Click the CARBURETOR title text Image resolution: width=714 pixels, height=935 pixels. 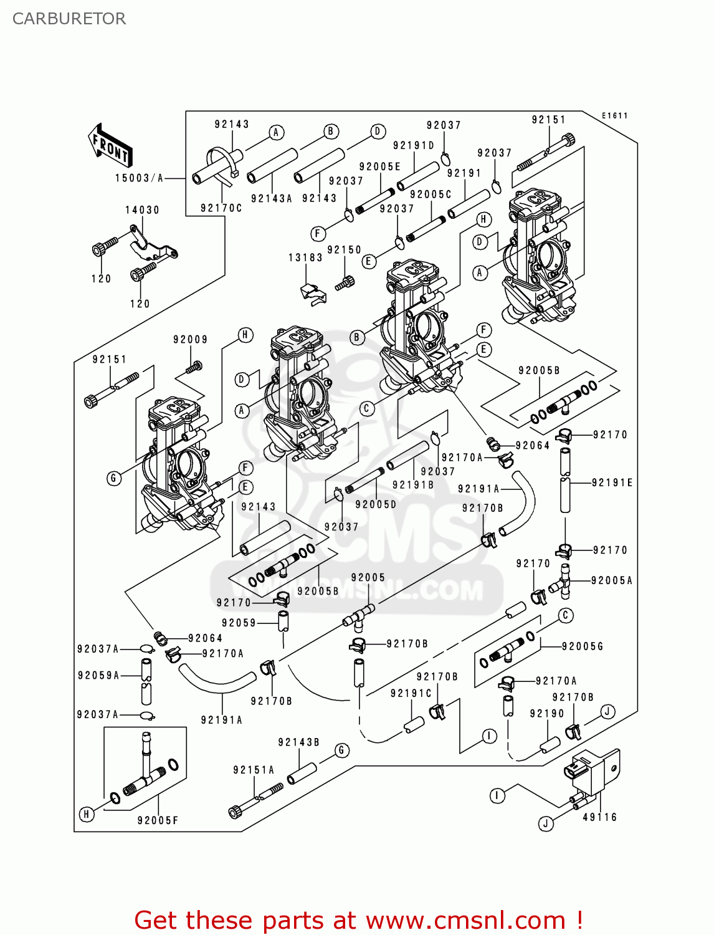tap(69, 19)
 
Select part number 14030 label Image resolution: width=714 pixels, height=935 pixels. tap(142, 210)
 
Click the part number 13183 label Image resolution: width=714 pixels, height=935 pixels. tap(305, 257)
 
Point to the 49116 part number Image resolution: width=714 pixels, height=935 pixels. tap(599, 817)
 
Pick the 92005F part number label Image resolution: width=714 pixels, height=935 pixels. tap(158, 821)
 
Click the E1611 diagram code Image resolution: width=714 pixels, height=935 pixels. tap(614, 116)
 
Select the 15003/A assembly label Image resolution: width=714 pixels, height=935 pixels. tap(139, 178)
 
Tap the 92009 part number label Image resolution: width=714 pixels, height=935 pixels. tap(190, 340)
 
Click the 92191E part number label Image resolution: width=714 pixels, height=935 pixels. tap(612, 482)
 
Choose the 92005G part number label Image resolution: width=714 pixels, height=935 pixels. tap(583, 646)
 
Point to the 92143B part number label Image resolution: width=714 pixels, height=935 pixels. tap(298, 742)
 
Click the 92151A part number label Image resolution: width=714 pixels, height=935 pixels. tap(254, 770)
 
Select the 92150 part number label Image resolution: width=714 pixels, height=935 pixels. tap(344, 250)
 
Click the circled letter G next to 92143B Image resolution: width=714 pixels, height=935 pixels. tap(341, 750)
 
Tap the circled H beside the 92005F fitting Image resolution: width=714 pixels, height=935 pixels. tap(87, 814)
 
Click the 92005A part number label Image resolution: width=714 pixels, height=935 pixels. tap(611, 580)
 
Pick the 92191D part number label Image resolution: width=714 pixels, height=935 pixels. tap(413, 145)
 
